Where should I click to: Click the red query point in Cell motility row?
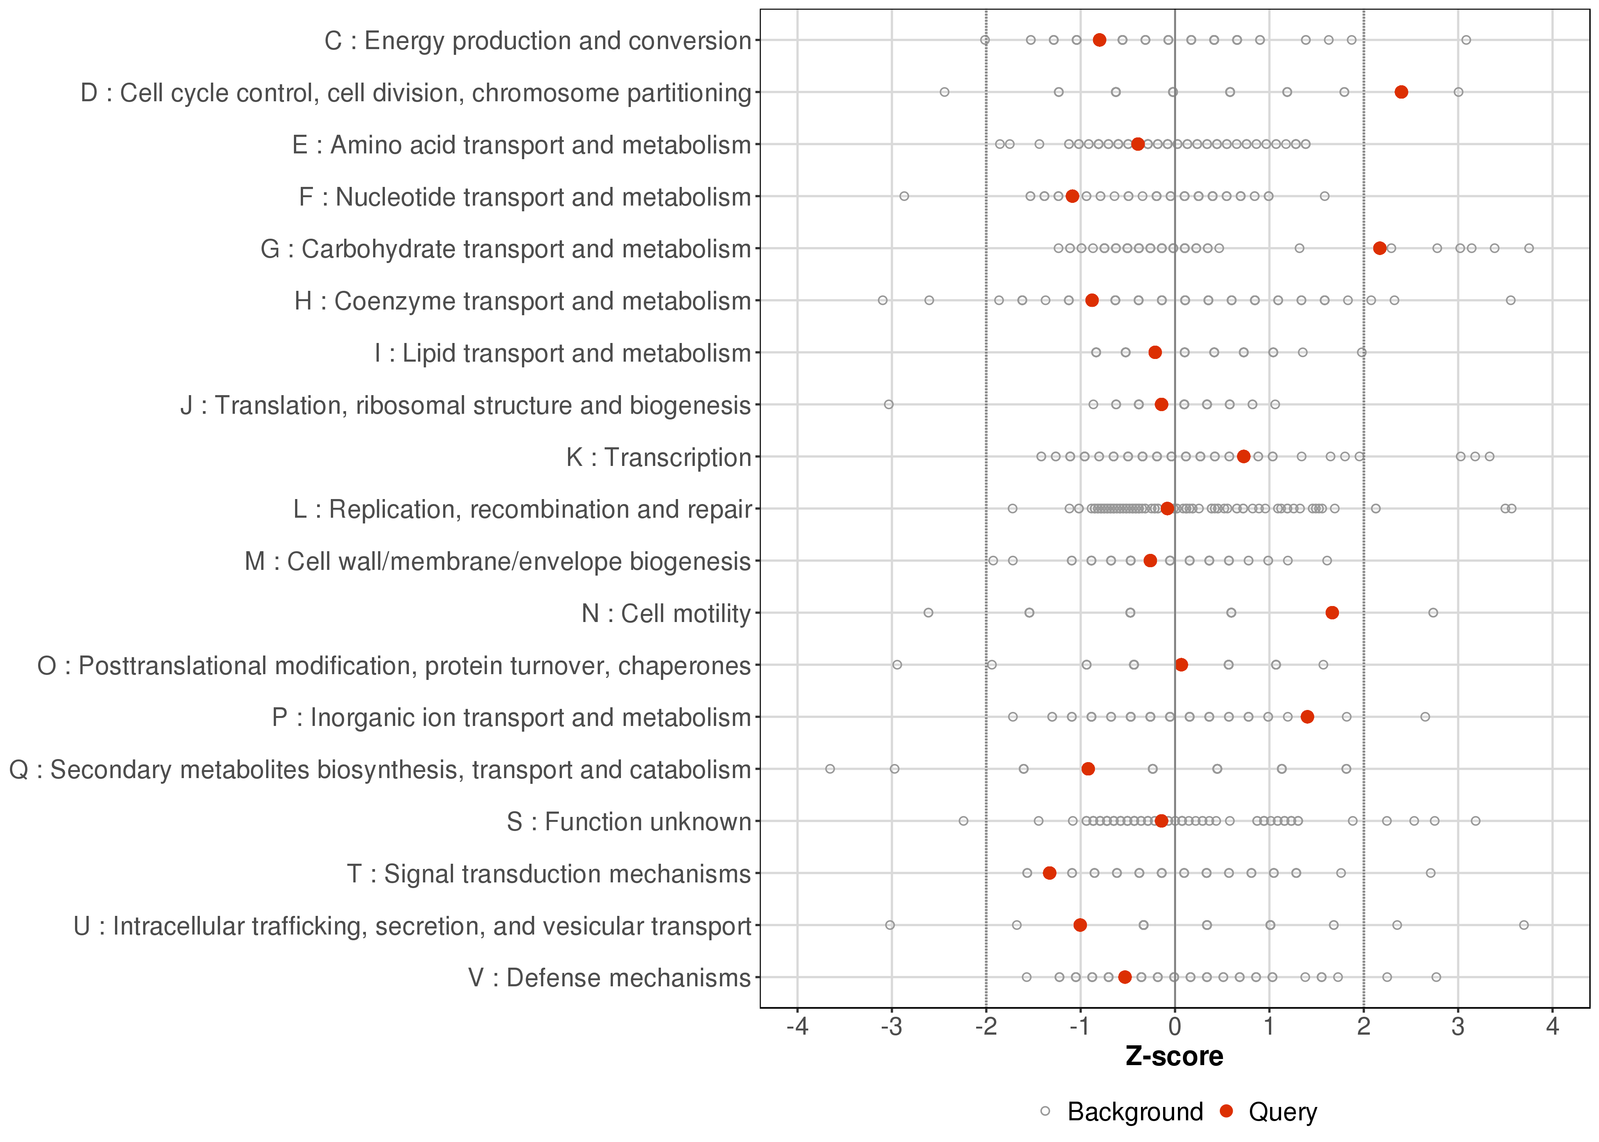tap(1332, 612)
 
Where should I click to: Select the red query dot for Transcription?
tap(1243, 456)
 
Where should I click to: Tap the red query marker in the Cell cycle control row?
tap(1401, 92)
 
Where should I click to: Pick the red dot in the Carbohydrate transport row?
tap(1380, 248)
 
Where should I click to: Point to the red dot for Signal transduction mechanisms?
tap(1049, 872)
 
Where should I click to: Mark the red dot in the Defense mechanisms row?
tap(1124, 977)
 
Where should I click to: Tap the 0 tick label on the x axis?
tap(1174, 1027)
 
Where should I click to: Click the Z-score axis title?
tap(1174, 1057)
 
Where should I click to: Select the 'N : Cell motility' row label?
tap(666, 614)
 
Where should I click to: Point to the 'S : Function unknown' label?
tap(629, 822)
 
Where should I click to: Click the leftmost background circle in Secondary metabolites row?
tap(830, 769)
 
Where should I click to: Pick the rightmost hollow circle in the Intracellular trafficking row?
tap(1524, 925)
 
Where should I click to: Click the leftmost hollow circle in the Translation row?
tap(888, 404)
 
